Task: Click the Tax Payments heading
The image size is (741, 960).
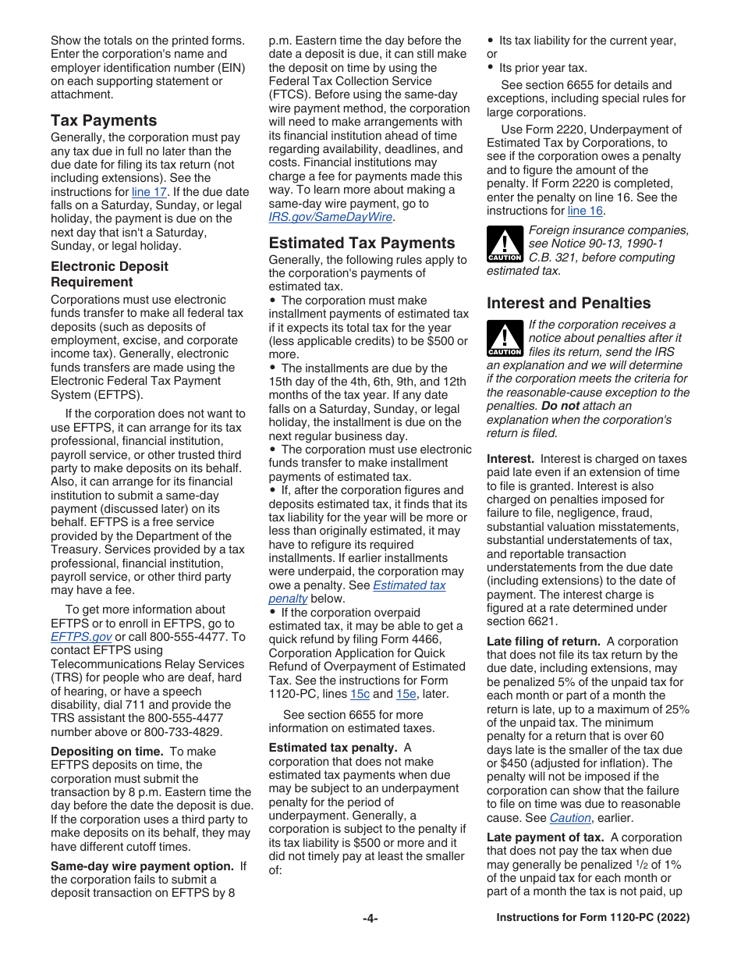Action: [104, 120]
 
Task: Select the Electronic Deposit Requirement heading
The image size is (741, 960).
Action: [109, 274]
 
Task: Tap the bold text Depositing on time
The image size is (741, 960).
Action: [105, 752]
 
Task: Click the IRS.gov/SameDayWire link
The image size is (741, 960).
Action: [331, 217]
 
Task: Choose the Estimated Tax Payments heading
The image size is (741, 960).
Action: [361, 243]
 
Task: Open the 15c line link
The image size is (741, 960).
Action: [360, 694]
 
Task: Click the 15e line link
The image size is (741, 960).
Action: [406, 694]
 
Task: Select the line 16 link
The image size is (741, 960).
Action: [585, 211]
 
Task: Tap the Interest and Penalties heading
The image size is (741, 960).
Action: [568, 303]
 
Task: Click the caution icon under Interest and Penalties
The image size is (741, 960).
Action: [505, 337]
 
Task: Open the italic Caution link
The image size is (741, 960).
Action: [570, 818]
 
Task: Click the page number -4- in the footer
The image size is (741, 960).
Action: [370, 919]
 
